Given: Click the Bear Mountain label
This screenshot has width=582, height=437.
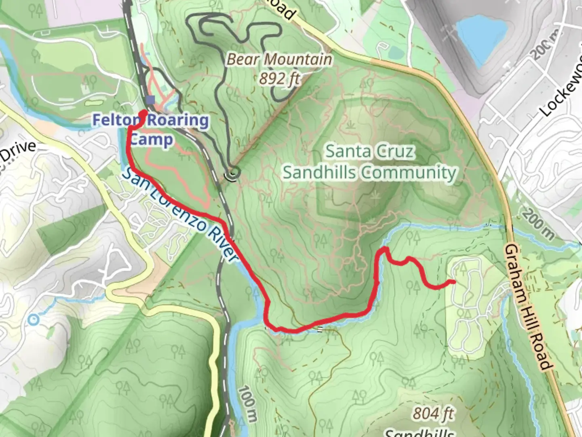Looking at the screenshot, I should pyautogui.click(x=279, y=59).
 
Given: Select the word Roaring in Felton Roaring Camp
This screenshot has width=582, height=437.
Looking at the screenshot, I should pyautogui.click(x=178, y=120).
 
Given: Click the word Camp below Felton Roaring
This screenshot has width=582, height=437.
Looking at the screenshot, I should pyautogui.click(x=152, y=140).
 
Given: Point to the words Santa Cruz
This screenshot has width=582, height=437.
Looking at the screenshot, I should pyautogui.click(x=370, y=151).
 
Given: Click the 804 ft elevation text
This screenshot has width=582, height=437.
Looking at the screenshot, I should pyautogui.click(x=433, y=414).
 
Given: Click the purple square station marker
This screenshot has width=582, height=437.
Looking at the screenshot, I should pyautogui.click(x=151, y=100).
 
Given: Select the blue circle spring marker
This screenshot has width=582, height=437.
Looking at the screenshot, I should pyautogui.click(x=33, y=320).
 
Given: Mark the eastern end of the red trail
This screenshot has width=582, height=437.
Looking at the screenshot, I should pyautogui.click(x=454, y=282).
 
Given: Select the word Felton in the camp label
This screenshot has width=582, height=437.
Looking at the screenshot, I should pyautogui.click(x=117, y=120).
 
